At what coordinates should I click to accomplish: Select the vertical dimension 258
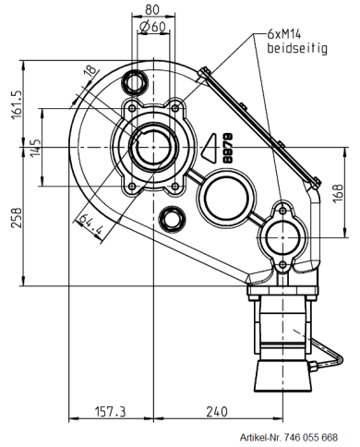pyautogui.click(x=11, y=221)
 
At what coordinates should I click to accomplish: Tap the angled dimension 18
pyautogui.click(x=89, y=72)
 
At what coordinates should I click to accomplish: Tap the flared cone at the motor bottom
pyautogui.click(x=284, y=374)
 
